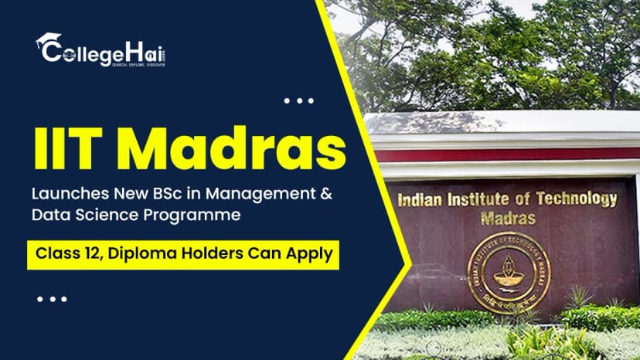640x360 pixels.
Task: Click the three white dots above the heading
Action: click(x=299, y=100)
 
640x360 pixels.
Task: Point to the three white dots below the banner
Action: click(x=53, y=298)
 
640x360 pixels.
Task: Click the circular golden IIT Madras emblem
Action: click(x=509, y=271)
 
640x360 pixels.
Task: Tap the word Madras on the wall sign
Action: click(x=508, y=218)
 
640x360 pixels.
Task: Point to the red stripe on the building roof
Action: click(x=502, y=155)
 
